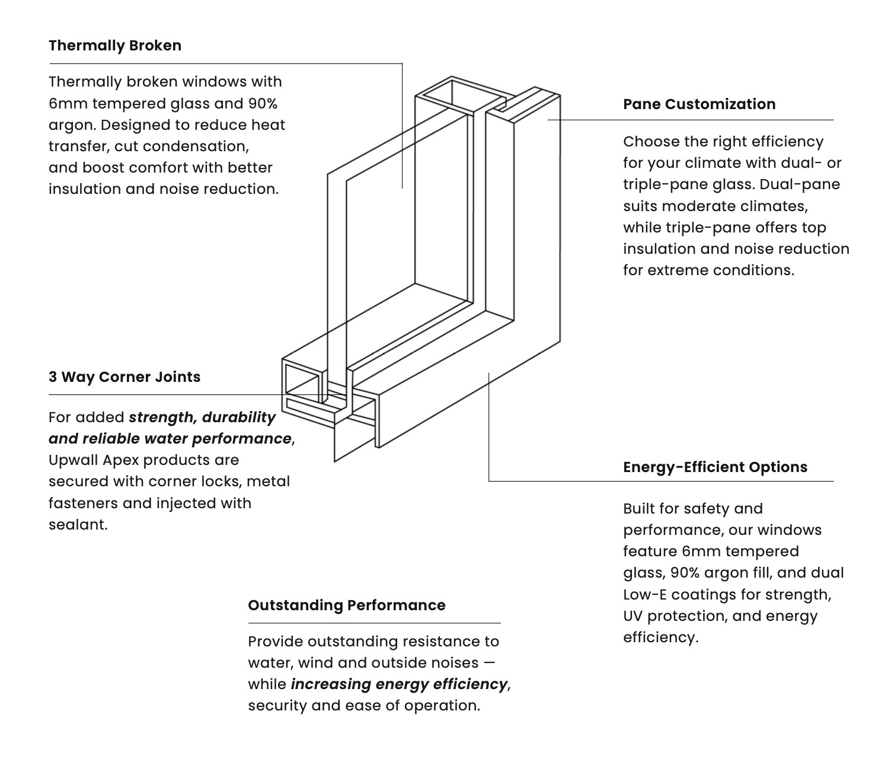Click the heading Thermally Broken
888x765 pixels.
tap(115, 46)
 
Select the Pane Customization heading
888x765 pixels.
tap(699, 104)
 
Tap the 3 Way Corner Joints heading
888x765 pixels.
tap(124, 377)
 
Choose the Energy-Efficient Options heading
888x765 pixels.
tap(715, 467)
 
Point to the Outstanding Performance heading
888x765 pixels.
tap(346, 605)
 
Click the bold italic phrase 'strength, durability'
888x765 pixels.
tap(202, 417)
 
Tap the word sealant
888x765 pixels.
tap(77, 525)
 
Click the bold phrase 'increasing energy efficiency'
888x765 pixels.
tap(399, 684)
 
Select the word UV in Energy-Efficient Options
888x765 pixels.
tap(633, 616)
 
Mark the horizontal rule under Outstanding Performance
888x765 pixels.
tap(374, 623)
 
